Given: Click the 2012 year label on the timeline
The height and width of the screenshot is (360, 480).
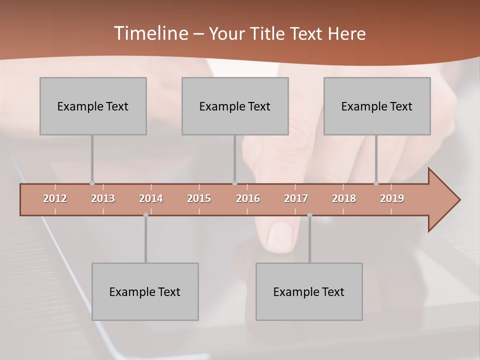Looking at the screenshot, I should [55, 198].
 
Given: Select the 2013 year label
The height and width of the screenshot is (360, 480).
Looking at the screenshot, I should [103, 198].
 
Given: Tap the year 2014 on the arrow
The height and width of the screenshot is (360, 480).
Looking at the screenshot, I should [151, 198].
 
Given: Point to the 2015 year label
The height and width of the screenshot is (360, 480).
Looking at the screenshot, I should [199, 198].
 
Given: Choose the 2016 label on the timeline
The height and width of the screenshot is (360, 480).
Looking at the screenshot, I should [248, 198].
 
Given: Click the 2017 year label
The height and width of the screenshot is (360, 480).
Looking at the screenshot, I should [296, 198].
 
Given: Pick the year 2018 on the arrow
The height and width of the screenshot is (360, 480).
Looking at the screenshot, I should [344, 198].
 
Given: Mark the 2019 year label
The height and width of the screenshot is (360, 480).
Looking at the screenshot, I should [392, 198].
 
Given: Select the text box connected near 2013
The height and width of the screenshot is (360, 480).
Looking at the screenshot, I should [93, 106].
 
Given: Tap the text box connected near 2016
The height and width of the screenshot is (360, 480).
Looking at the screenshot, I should [235, 106].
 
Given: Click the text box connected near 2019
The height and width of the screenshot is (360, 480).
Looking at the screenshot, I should [377, 106].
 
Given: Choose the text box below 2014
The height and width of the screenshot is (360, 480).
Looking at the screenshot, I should [145, 291].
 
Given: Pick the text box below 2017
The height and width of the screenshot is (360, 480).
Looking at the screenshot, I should [309, 291].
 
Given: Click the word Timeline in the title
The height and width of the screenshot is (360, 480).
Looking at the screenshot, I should [150, 33].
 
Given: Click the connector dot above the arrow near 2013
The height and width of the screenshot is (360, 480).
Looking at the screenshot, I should [92, 183].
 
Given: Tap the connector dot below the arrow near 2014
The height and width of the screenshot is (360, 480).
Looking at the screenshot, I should [145, 215].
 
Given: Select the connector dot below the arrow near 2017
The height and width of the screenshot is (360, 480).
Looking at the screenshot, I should [309, 215].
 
